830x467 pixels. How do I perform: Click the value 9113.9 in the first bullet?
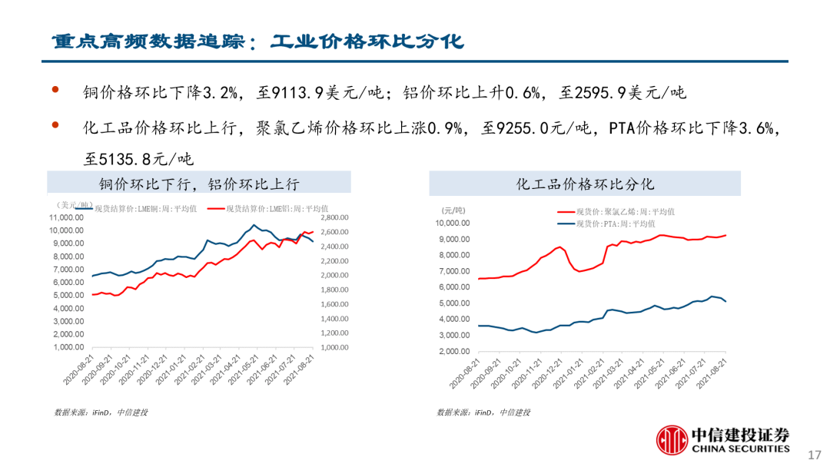coord(290,94)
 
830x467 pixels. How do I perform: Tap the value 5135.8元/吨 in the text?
coord(139,159)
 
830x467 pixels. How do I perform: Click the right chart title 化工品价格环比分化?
coord(585,184)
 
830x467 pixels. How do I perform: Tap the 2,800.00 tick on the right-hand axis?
coord(335,217)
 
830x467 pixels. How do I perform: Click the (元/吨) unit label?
coord(453,210)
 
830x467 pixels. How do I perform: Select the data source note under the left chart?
coord(101,412)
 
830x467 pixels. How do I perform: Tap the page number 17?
coord(817,453)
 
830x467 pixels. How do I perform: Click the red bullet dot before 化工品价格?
coord(55,124)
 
